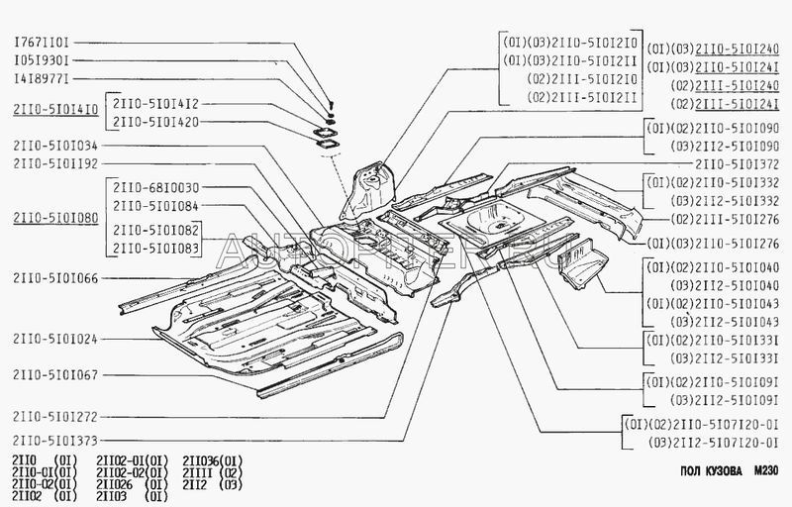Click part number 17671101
pos(40,44)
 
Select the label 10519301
pos(40,60)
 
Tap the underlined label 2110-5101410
pos(55,111)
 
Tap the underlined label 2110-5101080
pos(55,217)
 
